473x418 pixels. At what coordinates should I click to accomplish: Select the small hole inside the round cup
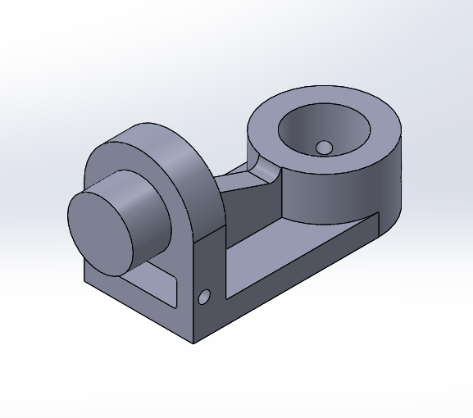point(324,148)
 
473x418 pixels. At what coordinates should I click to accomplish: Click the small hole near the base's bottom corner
point(204,296)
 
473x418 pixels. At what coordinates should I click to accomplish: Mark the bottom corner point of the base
point(193,343)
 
